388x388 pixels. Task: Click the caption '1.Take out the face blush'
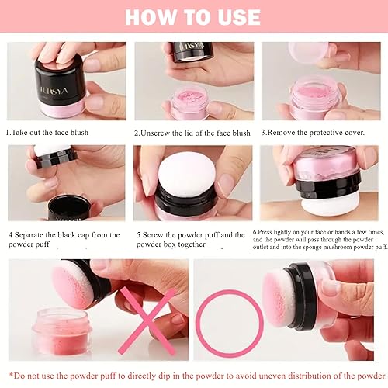pos(48,133)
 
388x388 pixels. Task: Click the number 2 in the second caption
pos(137,133)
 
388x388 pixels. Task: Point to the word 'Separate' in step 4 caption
pos(36,234)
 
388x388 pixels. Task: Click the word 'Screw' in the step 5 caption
pos(154,234)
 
